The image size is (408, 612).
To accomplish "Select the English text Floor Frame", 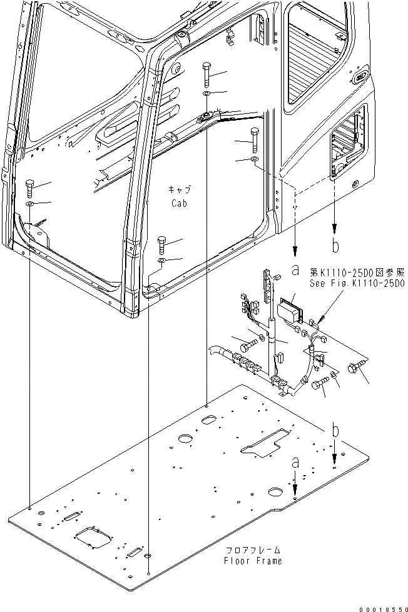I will [x=253, y=561].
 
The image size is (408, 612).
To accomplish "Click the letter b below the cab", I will [x=335, y=246].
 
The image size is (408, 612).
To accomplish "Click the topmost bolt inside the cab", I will [x=207, y=74].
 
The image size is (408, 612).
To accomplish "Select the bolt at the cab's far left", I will [x=30, y=188].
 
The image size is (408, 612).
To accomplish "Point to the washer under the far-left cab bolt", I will [x=30, y=204].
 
